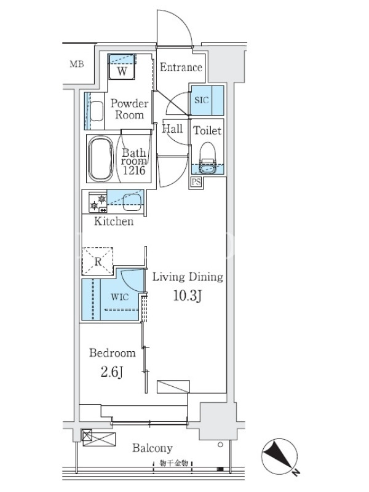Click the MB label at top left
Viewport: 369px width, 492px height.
click(x=77, y=65)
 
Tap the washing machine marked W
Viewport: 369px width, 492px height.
click(x=122, y=67)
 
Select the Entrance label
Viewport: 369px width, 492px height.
click(x=181, y=67)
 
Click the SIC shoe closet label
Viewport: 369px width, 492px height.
click(x=202, y=100)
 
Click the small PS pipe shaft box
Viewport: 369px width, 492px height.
click(x=196, y=181)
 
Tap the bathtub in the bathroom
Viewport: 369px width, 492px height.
click(x=100, y=159)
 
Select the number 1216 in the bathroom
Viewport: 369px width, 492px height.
click(x=134, y=170)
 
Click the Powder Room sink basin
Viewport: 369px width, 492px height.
click(x=97, y=111)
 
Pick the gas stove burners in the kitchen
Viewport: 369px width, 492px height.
click(x=98, y=202)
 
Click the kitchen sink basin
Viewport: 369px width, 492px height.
click(x=132, y=202)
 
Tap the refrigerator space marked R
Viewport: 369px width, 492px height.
click(x=98, y=261)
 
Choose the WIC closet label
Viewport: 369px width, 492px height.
click(x=119, y=297)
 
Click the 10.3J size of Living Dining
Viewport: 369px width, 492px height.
click(x=188, y=296)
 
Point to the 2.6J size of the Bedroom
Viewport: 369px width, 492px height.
click(x=112, y=372)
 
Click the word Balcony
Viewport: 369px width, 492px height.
click(x=153, y=448)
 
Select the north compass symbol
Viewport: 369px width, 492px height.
click(x=279, y=456)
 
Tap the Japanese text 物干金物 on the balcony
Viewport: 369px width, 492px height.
click(x=173, y=463)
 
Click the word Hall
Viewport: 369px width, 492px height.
click(x=172, y=129)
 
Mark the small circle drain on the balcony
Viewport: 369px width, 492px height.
click(x=220, y=445)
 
